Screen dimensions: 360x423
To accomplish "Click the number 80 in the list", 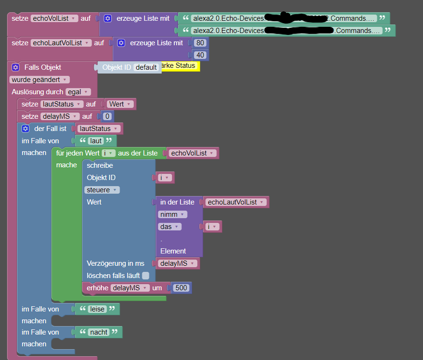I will [201, 43].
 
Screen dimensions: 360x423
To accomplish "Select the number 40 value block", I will [201, 55].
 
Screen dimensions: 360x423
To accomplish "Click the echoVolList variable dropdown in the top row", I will [54, 18].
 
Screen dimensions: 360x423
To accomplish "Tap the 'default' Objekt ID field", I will [146, 67].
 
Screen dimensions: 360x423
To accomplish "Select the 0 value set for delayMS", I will [107, 116].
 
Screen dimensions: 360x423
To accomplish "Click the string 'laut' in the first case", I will [96, 141].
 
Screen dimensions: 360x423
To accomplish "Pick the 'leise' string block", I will [98, 309].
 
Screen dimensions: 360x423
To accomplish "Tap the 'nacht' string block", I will [98, 332].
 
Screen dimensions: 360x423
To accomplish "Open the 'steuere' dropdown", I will [102, 190].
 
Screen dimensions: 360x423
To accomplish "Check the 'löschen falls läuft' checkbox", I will [146, 276].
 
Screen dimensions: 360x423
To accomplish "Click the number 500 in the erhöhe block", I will [181, 288].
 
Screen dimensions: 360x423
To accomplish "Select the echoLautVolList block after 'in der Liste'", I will [236, 202].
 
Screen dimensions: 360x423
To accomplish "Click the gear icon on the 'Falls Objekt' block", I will [16, 67].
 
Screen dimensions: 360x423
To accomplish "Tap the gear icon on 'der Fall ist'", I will [25, 129].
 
